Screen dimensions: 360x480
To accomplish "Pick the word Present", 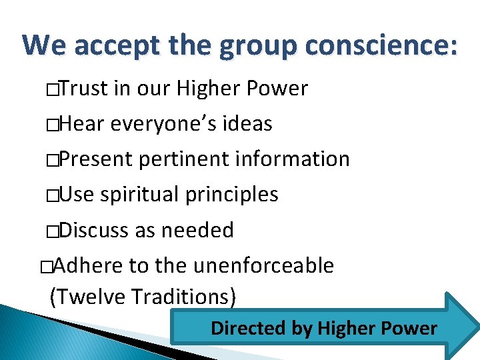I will (97, 159).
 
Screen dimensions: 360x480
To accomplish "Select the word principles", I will (232, 195).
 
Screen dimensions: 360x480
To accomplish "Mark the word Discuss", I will (93, 230).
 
